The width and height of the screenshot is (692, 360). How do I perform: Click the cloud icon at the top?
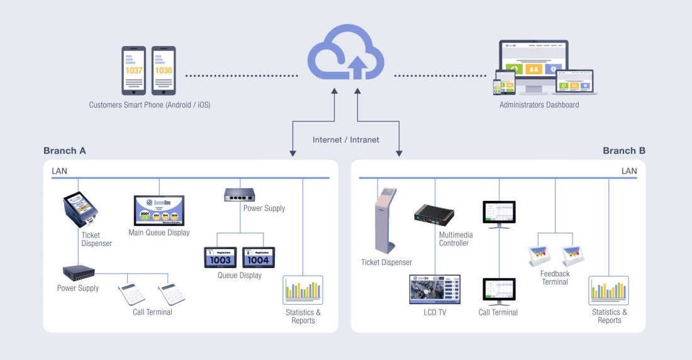[346, 53]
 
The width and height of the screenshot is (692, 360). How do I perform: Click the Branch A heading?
[65, 151]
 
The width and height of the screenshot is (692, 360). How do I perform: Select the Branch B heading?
[623, 151]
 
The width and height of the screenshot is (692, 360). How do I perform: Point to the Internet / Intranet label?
[346, 140]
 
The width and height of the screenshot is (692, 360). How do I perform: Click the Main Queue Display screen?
[159, 211]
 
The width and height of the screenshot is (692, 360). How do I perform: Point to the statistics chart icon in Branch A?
[303, 290]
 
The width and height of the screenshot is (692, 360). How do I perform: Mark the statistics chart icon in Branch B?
[610, 290]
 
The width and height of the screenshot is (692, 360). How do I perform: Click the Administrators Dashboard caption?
[539, 105]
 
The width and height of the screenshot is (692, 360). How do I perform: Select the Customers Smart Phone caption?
[150, 105]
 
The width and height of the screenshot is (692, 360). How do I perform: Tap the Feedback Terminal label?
[554, 278]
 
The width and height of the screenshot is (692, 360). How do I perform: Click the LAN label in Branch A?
[60, 171]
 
